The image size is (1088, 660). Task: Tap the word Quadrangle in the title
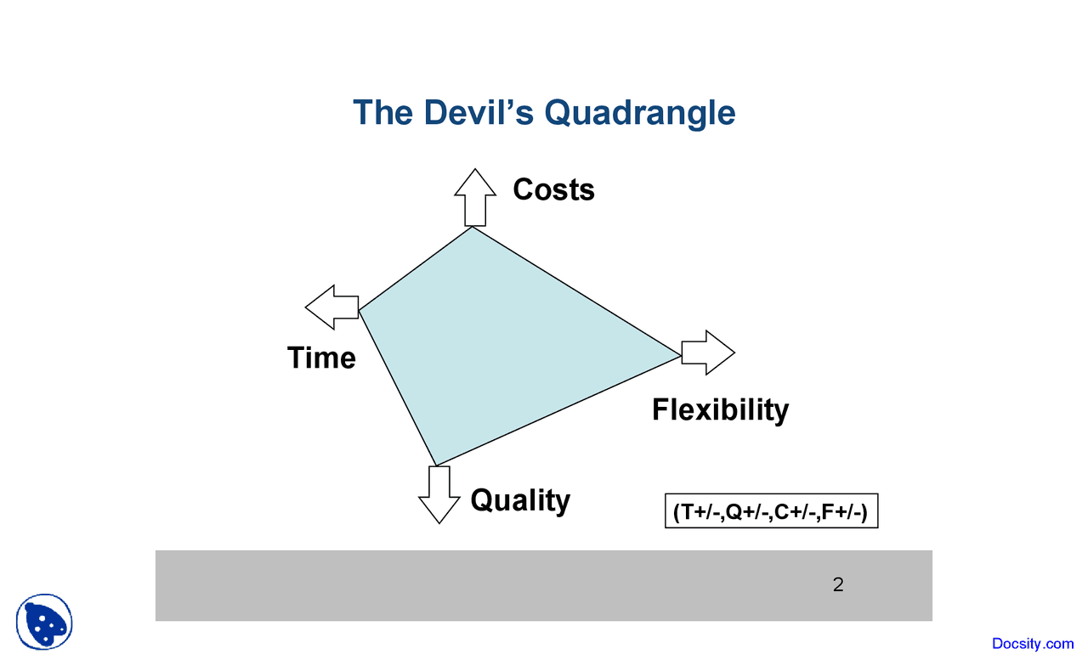[x=639, y=112]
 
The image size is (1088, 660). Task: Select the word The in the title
[x=382, y=112]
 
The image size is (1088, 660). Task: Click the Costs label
[x=553, y=189]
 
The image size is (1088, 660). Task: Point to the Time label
[x=321, y=358]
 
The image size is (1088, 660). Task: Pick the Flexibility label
[x=720, y=409]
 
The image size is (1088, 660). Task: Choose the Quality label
[x=520, y=499]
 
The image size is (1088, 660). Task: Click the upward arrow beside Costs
[x=475, y=196]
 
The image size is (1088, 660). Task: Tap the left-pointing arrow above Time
[x=332, y=307]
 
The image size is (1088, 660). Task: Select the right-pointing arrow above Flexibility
[x=708, y=353]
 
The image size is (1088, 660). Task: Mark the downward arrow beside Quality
[x=439, y=494]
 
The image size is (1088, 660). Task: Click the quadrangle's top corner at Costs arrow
[x=473, y=227]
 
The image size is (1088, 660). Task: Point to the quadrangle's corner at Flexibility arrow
[x=681, y=355]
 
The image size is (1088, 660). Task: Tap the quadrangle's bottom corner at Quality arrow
[x=436, y=465]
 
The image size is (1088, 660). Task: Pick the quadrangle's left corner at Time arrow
[x=360, y=310]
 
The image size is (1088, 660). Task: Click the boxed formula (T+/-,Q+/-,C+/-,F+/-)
[x=770, y=511]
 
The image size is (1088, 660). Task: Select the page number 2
[x=838, y=584]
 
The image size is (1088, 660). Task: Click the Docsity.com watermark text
[x=1033, y=644]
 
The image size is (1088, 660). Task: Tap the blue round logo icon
[x=44, y=622]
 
